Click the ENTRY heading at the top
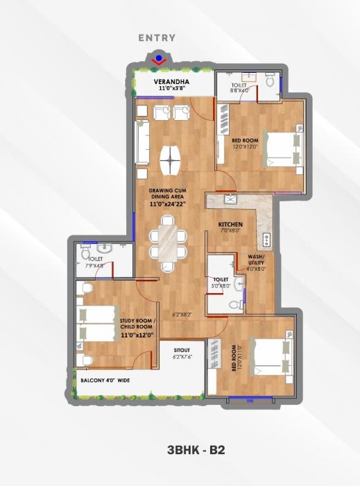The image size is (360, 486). (x=157, y=38)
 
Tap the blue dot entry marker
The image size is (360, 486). (x=160, y=58)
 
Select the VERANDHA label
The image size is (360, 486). (x=153, y=81)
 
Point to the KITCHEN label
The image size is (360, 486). (x=230, y=226)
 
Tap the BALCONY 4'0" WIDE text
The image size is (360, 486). (x=107, y=380)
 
